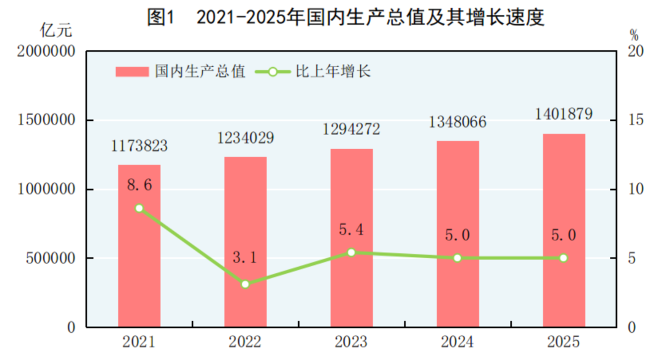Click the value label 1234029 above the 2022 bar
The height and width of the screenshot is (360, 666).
pos(245,138)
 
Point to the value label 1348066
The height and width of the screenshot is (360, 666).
pos(458,122)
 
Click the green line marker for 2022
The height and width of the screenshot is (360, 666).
pos(245,284)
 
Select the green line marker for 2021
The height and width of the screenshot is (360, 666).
pos(139,208)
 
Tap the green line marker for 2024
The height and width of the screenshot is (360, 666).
pos(458,258)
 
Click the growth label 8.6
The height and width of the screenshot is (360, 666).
pos(139,185)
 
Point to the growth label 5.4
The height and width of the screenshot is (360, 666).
pos(351,230)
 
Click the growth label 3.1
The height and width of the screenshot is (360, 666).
pos(245,258)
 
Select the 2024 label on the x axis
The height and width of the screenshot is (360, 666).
pos(458,342)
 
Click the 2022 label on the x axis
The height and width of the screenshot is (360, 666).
pos(245,342)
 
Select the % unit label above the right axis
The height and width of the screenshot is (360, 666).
pos(634,34)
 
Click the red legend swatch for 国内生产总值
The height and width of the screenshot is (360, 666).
pos(132,72)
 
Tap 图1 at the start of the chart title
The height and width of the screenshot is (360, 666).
pos(162,17)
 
